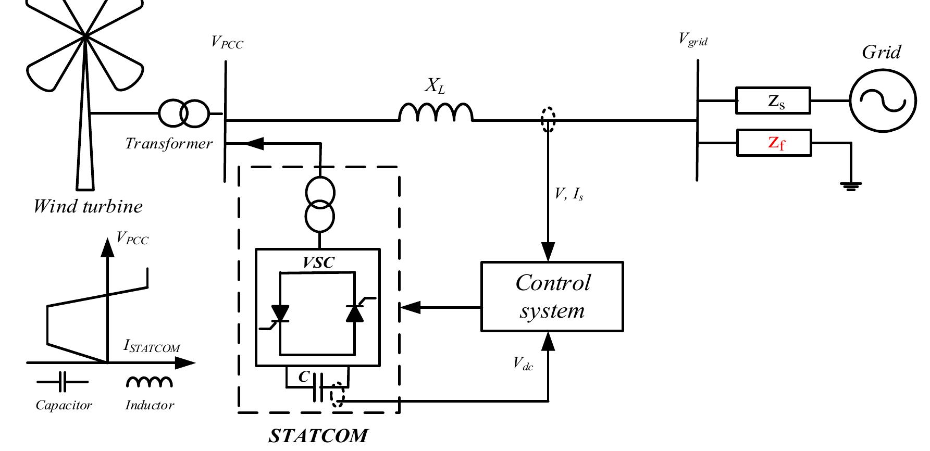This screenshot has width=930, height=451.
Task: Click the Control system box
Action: pyautogui.click(x=552, y=296)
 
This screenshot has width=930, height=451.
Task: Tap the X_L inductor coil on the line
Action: pyautogui.click(x=436, y=112)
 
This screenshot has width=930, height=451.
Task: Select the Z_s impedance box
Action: pyautogui.click(x=773, y=101)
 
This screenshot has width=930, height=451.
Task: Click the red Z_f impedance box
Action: pyautogui.click(x=774, y=143)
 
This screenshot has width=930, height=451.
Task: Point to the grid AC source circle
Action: pyautogui.click(x=883, y=101)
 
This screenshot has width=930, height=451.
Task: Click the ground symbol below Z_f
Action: pyautogui.click(x=850, y=185)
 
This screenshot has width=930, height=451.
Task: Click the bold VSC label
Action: pyautogui.click(x=318, y=262)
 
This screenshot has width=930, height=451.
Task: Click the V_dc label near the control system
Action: pyautogui.click(x=523, y=363)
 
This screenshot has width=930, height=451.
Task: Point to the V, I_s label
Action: pyautogui.click(x=569, y=195)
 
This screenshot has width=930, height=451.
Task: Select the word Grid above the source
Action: pyautogui.click(x=881, y=53)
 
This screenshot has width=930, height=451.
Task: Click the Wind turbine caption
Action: pyautogui.click(x=88, y=206)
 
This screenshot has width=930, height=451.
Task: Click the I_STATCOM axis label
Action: pyautogui.click(x=152, y=346)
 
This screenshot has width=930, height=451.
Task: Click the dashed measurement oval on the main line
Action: pyautogui.click(x=548, y=120)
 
